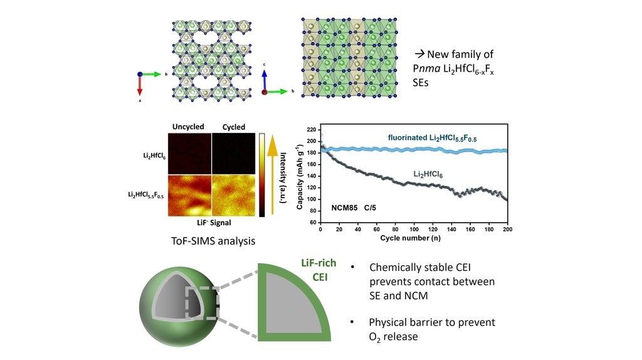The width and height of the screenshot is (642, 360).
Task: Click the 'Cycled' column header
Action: [234, 127]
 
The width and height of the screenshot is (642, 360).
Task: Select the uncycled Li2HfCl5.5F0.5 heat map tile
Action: [189, 195]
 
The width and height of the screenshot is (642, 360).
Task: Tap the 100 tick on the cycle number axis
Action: [414, 229]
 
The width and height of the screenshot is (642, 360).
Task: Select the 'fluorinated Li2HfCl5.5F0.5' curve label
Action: [432, 137]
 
